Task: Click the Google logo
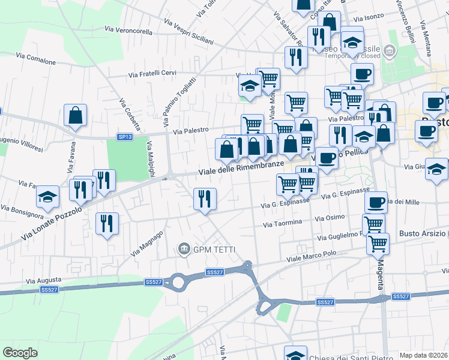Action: pyautogui.click(x=20, y=353)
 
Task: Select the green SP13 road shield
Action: pyautogui.click(x=125, y=137)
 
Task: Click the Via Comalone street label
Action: pyautogui.click(x=36, y=59)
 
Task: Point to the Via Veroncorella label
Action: pyautogui.click(x=128, y=28)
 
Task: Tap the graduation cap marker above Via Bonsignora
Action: pyautogui.click(x=47, y=196)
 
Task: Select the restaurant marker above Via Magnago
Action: pyautogui.click(x=107, y=223)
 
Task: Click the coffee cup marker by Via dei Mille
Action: pyautogui.click(x=376, y=202)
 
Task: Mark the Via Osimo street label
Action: pyautogui.click(x=330, y=217)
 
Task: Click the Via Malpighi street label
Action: pyautogui.click(x=151, y=159)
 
